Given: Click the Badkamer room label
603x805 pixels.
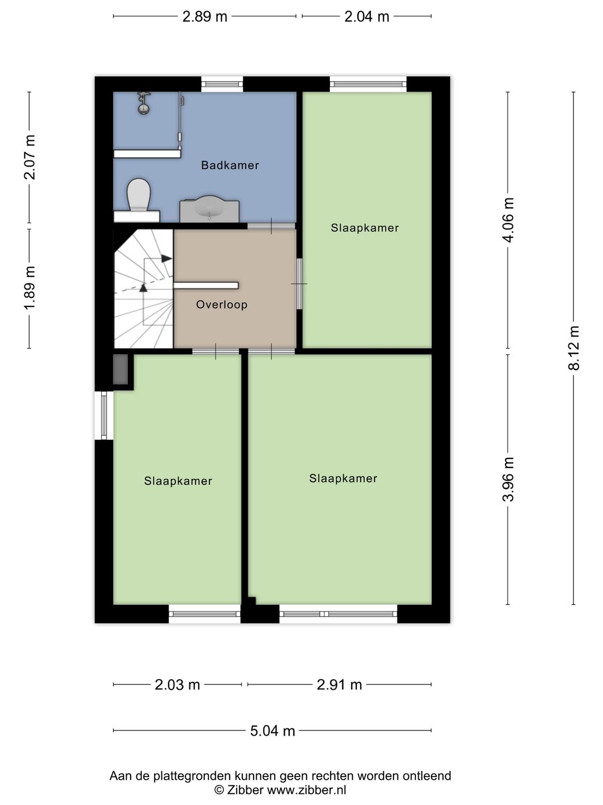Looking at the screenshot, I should point(230,165).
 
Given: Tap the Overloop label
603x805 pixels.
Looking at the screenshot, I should point(222,305).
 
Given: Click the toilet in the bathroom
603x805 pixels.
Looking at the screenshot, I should point(138,196).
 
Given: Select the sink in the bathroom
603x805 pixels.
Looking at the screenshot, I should point(210,208).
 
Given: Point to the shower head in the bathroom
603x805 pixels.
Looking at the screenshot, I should point(144,104).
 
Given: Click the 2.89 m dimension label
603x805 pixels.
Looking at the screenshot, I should point(205,17).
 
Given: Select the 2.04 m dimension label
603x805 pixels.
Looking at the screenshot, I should point(366,17).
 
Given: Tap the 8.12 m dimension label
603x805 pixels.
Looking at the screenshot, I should point(574,348).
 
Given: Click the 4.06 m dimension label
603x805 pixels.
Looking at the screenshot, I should point(508,220).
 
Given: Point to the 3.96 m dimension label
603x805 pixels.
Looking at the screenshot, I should point(508,479).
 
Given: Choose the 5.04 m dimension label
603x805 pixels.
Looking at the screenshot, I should point(272,731).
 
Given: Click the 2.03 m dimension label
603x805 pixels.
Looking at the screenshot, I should point(177,685).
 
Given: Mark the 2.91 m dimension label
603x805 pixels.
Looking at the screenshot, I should point(339,685).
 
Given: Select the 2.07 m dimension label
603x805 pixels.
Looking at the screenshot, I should point(30,157).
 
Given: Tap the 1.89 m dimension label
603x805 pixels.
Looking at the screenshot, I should point(30,287).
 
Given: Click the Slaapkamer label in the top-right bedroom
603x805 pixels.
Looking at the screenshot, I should point(365,228).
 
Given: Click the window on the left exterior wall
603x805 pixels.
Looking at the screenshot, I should point(103,415).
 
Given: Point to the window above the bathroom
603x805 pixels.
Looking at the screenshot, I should point(222,84).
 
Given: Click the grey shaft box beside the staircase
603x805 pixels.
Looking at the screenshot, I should point(121,370).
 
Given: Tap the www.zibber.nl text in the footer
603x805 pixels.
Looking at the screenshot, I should point(307,790).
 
